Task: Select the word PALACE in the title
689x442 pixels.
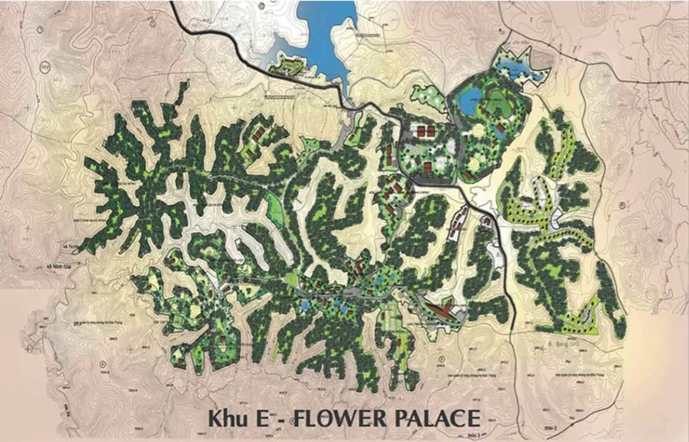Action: coord(436,418)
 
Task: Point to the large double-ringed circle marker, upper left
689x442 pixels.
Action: coord(45,67)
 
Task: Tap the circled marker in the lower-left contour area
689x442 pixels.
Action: coord(102,362)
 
